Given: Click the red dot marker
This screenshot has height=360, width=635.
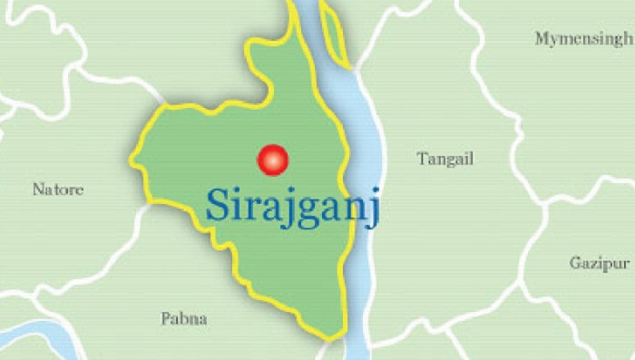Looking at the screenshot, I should tap(272, 161).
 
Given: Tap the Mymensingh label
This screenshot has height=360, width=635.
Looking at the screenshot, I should tap(582, 38).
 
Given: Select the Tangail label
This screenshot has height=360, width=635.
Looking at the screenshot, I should tap(445, 160).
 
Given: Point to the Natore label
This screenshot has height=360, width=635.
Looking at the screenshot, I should tap(58, 190).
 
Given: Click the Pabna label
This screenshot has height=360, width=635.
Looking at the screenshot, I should tap(184, 318).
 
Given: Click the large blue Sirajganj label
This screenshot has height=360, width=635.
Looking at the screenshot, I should tap(291, 205).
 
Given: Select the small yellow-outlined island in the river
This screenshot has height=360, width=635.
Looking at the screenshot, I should tap(333, 36).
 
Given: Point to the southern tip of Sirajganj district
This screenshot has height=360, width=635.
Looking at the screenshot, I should tap(337, 337).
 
